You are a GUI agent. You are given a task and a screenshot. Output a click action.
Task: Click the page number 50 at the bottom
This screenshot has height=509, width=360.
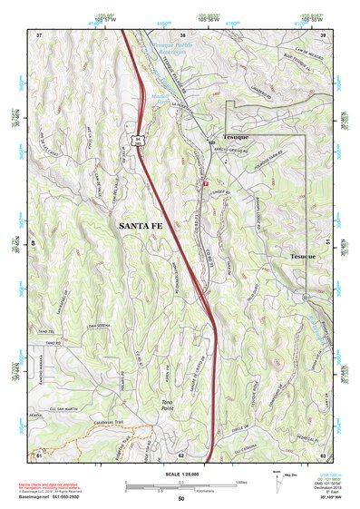pyautogui.click(x=180, y=498)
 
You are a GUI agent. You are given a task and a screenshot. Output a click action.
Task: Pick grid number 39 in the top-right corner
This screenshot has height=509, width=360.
pyautogui.click(x=322, y=34)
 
